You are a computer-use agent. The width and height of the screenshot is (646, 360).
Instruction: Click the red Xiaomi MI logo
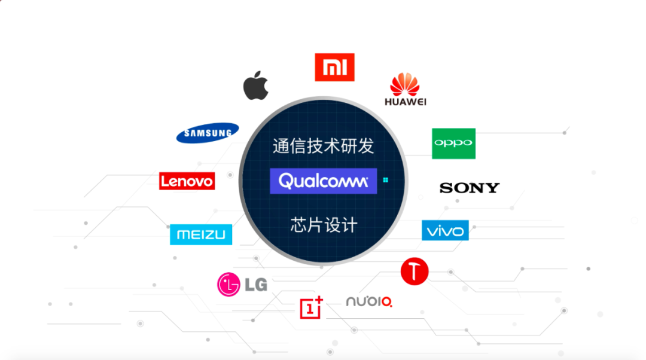tap(334, 67)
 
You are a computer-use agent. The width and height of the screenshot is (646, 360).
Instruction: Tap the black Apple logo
tap(255, 87)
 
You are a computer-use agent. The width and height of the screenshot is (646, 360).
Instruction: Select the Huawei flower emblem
tap(405, 84)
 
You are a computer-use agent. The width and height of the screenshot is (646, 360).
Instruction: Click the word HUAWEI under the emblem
tap(405, 102)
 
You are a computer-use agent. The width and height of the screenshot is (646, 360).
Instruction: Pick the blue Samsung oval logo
tap(208, 133)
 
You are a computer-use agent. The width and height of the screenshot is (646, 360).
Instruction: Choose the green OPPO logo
tap(453, 143)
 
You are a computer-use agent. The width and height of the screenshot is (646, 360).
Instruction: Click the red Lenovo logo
tap(187, 181)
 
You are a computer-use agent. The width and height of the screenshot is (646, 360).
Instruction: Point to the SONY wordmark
tap(469, 188)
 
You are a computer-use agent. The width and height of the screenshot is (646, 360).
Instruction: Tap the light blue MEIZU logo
tap(200, 234)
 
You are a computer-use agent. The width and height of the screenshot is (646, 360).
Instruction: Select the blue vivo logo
tap(445, 230)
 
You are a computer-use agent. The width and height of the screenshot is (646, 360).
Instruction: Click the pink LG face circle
tap(228, 284)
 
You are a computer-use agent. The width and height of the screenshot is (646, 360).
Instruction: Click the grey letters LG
tap(255, 285)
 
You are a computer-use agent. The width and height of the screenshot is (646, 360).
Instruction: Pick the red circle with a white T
tap(415, 271)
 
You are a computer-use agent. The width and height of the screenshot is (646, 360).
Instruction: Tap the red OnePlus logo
tap(311, 307)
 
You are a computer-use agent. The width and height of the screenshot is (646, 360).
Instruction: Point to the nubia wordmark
tap(369, 301)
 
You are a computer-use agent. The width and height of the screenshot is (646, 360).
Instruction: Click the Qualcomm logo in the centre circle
tap(323, 181)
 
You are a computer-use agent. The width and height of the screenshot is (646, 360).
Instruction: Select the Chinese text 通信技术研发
tap(323, 146)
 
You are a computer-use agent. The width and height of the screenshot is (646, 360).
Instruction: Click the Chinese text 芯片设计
tap(323, 225)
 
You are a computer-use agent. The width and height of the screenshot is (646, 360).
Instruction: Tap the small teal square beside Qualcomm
tap(386, 179)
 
